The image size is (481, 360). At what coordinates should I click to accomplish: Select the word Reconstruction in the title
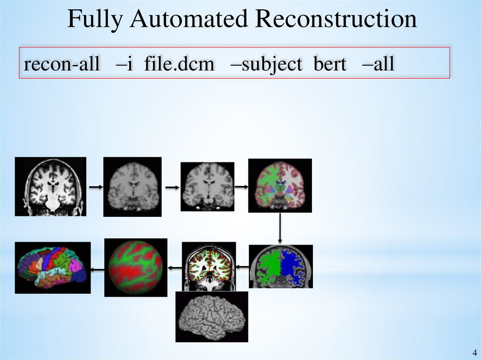(x=336, y=20)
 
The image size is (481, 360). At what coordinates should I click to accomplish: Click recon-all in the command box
(x=62, y=64)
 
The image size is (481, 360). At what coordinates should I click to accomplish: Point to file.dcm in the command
(x=179, y=64)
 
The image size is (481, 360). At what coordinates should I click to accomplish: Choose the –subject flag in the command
(x=266, y=64)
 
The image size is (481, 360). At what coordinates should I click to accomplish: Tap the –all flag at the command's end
(x=378, y=64)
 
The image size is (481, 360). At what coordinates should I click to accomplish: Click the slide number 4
(x=473, y=352)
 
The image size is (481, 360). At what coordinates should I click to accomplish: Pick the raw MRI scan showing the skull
(x=51, y=186)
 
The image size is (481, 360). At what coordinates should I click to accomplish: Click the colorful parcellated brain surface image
(x=53, y=267)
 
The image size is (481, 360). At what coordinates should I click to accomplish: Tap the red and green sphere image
(x=136, y=268)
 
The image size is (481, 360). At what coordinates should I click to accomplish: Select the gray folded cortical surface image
(x=211, y=317)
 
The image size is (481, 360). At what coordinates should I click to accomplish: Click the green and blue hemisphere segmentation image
(x=280, y=266)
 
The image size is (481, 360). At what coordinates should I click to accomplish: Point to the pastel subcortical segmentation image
(x=280, y=185)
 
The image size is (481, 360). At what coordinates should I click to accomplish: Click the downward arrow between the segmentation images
(x=280, y=229)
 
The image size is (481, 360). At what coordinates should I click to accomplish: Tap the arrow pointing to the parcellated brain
(x=98, y=269)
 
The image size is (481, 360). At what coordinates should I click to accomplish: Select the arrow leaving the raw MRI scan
(x=95, y=187)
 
